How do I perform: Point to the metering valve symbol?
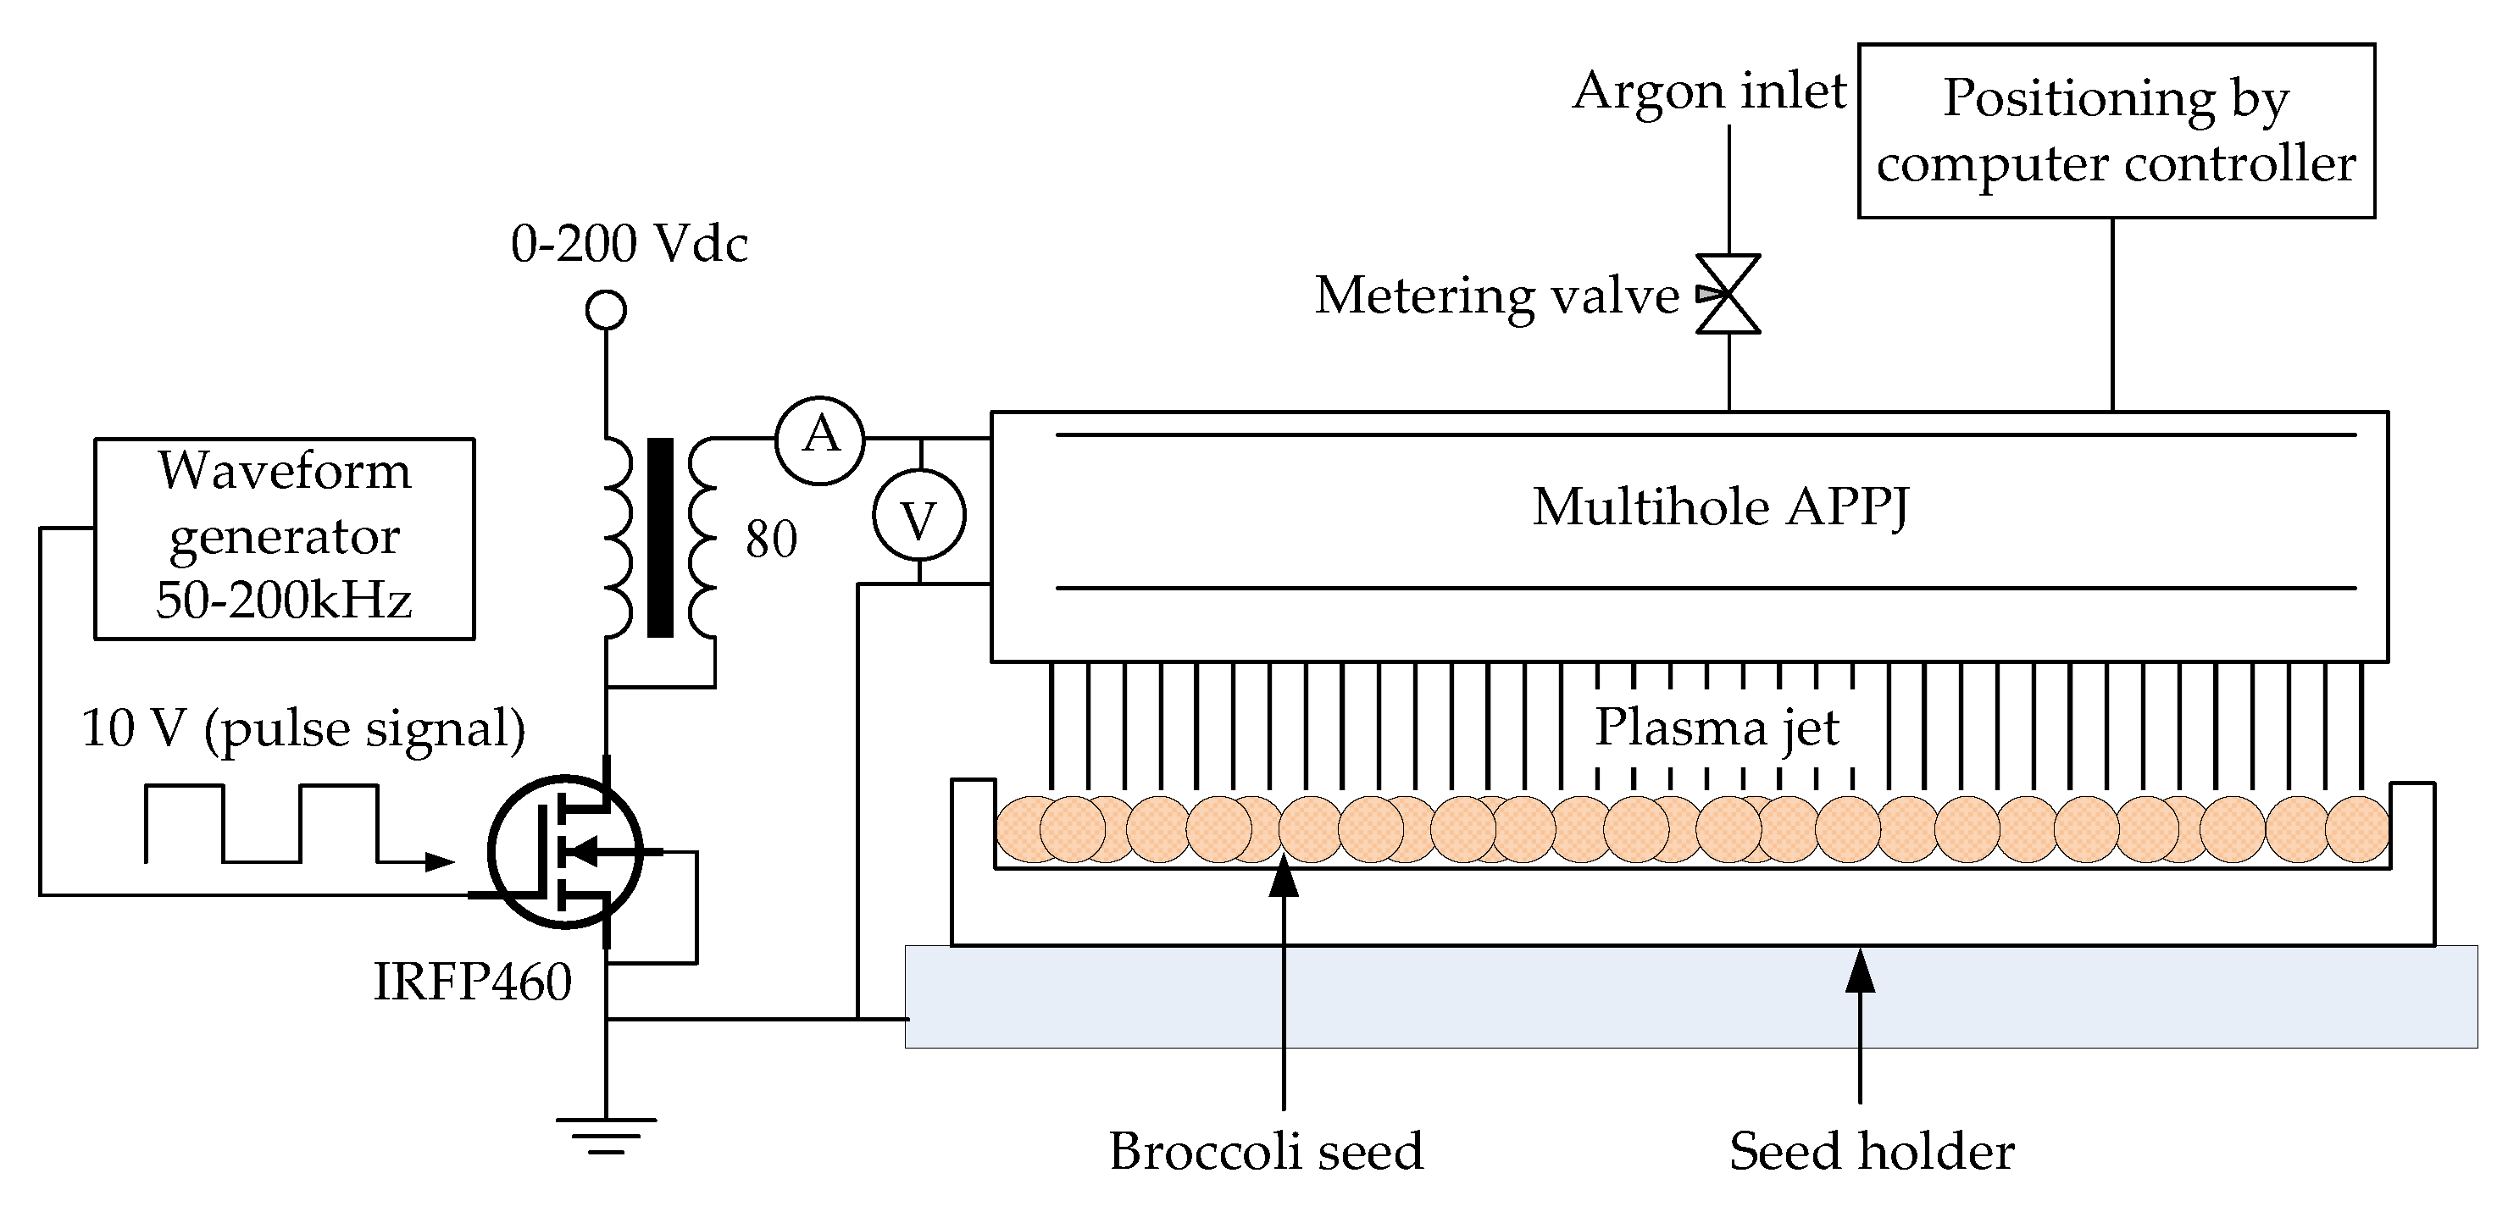tap(1728, 294)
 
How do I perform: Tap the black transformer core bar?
tap(660, 537)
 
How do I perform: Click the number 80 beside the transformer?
tap(771, 539)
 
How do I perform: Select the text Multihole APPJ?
tap(1720, 508)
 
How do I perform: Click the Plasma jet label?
tap(1717, 728)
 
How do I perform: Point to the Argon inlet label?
tap(1709, 91)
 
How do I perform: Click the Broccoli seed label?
tap(1266, 1151)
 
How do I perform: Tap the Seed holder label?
tap(1872, 1151)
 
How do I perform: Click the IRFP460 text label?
tap(473, 982)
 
